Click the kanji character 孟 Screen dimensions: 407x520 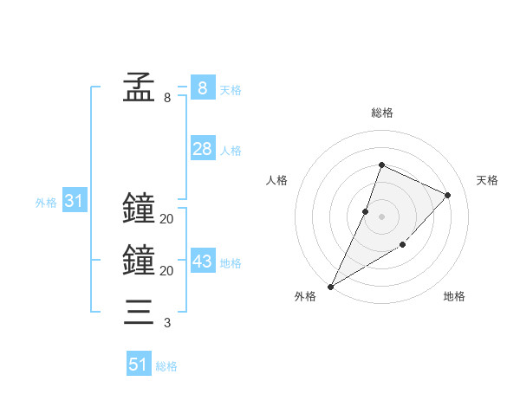pyautogui.click(x=138, y=87)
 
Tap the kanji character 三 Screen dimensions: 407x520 pyautogui.click(x=138, y=312)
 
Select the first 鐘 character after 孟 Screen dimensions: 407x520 pyautogui.click(x=138, y=209)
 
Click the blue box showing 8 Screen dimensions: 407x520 pyautogui.click(x=202, y=87)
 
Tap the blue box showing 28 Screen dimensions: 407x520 pyautogui.click(x=202, y=149)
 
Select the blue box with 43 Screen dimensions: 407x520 pyautogui.click(x=202, y=261)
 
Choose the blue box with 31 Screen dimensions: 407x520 pyautogui.click(x=74, y=202)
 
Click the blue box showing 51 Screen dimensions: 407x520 pyautogui.click(x=138, y=365)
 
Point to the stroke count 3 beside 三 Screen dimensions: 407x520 pyautogui.click(x=166, y=324)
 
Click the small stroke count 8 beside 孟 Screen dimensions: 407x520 pyautogui.click(x=167, y=98)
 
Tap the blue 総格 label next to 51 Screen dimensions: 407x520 pyautogui.click(x=166, y=366)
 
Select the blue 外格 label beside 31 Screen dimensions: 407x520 pyautogui.click(x=46, y=203)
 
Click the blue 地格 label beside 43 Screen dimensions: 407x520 pyautogui.click(x=231, y=263)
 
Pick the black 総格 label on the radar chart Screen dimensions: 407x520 pyautogui.click(x=381, y=113)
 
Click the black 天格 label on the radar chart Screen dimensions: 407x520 pyautogui.click(x=487, y=180)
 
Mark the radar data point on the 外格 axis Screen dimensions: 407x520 pyautogui.click(x=330, y=287)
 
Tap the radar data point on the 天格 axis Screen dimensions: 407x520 pyautogui.click(x=448, y=195)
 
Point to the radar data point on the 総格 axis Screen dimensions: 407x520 pyautogui.click(x=381, y=165)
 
